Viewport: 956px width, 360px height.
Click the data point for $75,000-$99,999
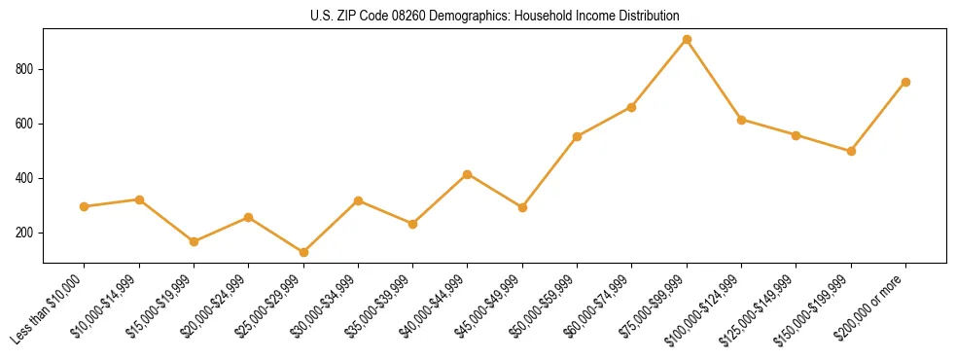click(687, 40)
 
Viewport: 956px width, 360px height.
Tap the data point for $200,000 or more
click(905, 82)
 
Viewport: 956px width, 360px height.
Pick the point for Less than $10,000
click(85, 206)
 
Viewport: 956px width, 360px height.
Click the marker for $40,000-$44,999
click(468, 174)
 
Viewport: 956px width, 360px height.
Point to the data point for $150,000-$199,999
click(851, 151)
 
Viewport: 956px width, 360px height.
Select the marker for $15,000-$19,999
click(194, 241)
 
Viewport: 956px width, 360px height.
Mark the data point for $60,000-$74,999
click(632, 107)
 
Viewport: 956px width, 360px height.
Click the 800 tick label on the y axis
click(25, 69)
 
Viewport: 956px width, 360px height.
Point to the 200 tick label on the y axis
click(25, 233)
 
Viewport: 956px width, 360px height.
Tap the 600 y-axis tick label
click(25, 124)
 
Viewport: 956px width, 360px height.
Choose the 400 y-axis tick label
click(25, 178)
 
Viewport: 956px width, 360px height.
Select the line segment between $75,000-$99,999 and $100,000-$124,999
click(714, 80)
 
